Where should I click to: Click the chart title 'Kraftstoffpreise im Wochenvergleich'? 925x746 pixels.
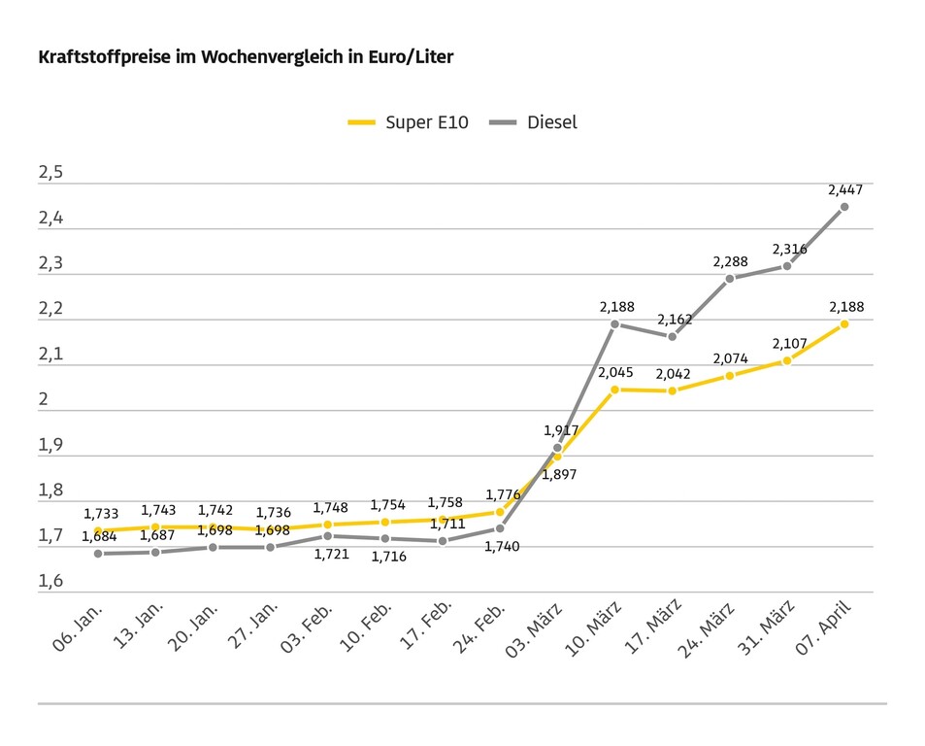(x=246, y=57)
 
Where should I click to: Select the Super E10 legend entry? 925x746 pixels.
(x=409, y=122)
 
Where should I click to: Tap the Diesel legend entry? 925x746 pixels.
(x=534, y=122)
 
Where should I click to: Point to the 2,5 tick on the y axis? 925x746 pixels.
(x=50, y=173)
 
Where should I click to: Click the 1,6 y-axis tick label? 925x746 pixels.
(x=50, y=581)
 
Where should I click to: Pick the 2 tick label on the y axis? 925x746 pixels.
(x=45, y=400)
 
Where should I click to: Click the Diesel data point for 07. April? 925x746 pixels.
(x=844, y=207)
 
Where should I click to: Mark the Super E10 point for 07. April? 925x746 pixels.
(x=844, y=323)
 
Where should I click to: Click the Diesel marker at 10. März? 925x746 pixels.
(x=614, y=323)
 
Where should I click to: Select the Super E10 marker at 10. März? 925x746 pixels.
(x=614, y=390)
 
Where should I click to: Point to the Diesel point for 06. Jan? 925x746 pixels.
(x=97, y=554)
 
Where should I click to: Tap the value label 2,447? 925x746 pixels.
(x=844, y=190)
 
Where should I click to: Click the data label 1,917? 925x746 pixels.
(x=561, y=430)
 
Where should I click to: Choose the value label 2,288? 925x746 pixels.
(x=730, y=261)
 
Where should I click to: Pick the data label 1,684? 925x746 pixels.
(x=99, y=536)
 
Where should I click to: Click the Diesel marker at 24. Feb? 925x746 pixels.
(x=500, y=528)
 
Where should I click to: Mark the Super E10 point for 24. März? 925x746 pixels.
(x=730, y=376)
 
